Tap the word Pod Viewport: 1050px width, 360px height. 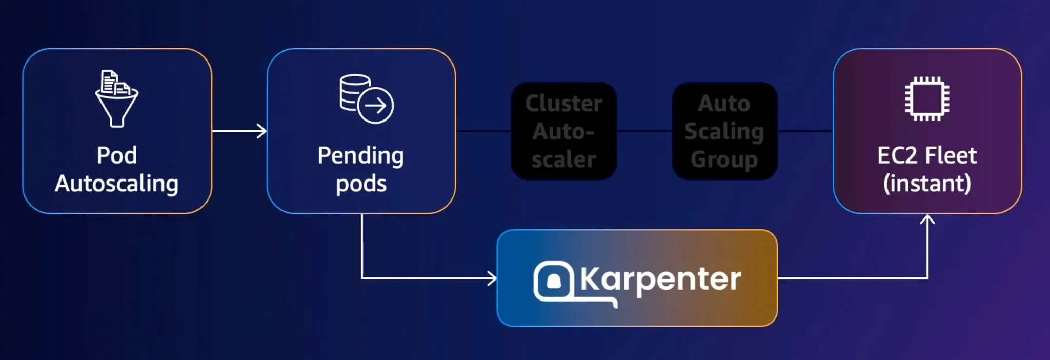[117, 155]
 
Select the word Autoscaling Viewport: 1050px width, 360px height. [117, 184]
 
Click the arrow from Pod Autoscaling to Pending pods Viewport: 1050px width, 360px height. [239, 131]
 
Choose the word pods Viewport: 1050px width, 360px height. [361, 184]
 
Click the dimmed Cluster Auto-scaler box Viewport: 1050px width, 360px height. [563, 131]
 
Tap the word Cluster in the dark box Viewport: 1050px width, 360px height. [563, 104]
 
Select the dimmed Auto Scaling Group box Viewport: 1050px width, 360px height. [724, 131]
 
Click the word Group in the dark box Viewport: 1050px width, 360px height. [724, 159]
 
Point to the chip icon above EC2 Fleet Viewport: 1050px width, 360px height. [927, 99]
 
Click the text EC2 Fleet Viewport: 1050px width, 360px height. [927, 155]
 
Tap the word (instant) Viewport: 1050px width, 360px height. [927, 184]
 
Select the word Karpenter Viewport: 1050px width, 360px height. [660, 279]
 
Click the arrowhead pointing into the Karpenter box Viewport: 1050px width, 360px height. [493, 278]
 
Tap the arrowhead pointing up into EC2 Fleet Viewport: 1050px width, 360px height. [927, 219]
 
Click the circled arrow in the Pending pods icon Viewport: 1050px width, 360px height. [375, 106]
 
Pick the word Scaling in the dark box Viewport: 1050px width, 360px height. [724, 132]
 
